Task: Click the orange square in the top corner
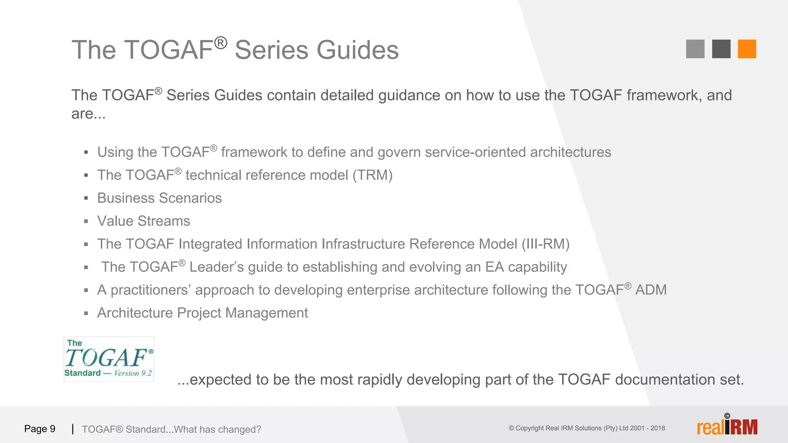tap(747, 49)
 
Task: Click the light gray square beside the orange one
tap(695, 49)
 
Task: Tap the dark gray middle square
tap(721, 49)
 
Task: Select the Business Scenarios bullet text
tap(159, 198)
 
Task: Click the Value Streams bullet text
tap(144, 221)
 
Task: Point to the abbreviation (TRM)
tap(372, 175)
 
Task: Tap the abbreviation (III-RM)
tap(545, 244)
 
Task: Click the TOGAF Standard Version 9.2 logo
tap(109, 359)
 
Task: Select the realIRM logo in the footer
tap(727, 426)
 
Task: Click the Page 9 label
tap(40, 429)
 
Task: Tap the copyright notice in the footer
tap(587, 428)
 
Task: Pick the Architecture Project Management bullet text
tap(202, 313)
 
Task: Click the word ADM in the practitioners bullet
tap(651, 290)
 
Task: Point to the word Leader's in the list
tap(216, 267)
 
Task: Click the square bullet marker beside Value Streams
tap(86, 221)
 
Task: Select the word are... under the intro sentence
tap(88, 114)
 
